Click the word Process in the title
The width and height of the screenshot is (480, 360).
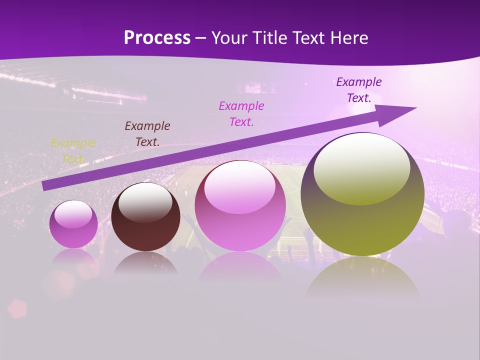157,38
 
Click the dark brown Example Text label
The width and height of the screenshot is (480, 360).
147,133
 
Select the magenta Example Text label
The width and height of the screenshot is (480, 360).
241,113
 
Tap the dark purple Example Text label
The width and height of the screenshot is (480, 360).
359,90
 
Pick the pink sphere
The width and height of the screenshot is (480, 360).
240,220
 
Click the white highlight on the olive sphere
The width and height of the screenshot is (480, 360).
361,168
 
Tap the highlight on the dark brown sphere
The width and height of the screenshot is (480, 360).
145,201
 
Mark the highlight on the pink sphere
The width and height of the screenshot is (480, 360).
240,186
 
